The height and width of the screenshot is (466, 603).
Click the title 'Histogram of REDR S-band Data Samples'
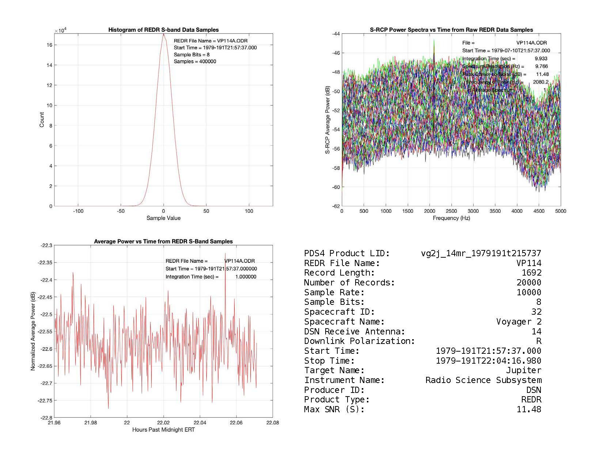coord(163,30)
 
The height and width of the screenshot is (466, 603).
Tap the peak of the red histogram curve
coord(163,34)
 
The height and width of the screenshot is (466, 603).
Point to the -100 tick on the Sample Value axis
coord(78,211)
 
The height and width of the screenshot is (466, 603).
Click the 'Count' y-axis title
coord(42,120)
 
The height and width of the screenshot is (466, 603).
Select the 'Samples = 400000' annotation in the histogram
coord(195,61)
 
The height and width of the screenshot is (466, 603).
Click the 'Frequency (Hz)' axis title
coord(451,218)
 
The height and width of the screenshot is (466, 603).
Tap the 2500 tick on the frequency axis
coord(451,211)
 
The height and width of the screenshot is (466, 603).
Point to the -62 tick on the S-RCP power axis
coord(335,206)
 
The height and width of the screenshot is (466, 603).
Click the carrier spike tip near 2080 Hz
coord(434,40)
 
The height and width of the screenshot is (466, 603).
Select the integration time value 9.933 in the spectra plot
coord(541,58)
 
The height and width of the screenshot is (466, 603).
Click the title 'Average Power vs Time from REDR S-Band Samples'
coord(163,242)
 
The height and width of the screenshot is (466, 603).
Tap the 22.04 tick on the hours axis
coord(200,423)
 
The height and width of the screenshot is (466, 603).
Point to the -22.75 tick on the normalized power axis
coord(45,401)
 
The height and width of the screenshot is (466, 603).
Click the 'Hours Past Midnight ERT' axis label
coord(163,430)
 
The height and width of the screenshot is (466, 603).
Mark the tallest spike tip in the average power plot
coord(225,253)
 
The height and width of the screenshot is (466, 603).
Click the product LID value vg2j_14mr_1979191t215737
coord(481,253)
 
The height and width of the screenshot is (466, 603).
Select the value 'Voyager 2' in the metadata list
coord(519,322)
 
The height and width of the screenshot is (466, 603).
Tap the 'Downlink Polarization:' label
coord(359,341)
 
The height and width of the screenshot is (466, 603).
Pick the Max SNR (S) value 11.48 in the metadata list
coord(529,409)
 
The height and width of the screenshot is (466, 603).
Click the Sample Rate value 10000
coord(529,292)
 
